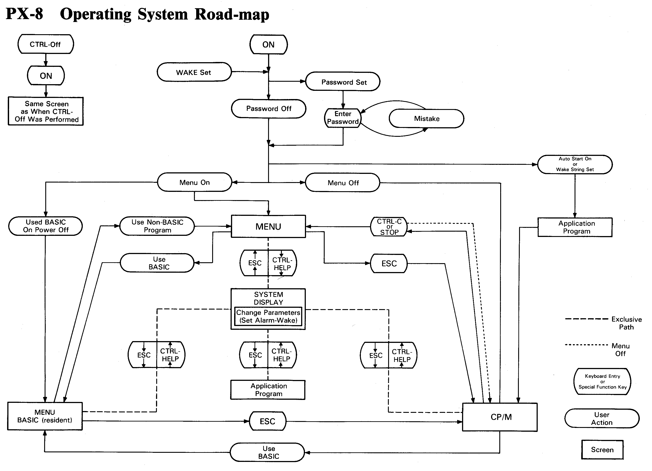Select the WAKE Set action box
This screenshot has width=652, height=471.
coord(194,72)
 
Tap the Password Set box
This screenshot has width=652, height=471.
coord(343,82)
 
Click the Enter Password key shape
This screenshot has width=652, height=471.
coord(343,118)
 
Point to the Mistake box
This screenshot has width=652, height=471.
coord(426,119)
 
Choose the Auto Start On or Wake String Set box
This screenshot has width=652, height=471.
coord(575,164)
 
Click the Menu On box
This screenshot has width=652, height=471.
coord(195,182)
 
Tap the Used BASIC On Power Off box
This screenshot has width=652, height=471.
coord(45,226)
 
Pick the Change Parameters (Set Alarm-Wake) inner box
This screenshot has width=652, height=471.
coord(268,316)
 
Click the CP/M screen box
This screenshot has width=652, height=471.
coord(500,417)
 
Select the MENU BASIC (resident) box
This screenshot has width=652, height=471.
coord(45,416)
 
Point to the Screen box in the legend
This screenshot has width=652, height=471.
coord(602,450)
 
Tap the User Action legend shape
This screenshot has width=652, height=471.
coord(602,419)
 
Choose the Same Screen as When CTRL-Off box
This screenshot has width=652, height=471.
coord(46,111)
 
